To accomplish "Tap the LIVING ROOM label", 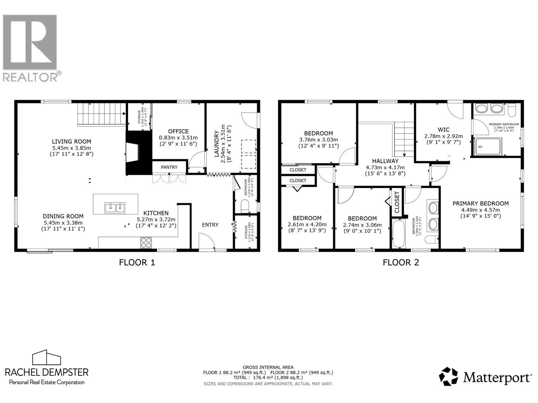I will [x=71, y=141].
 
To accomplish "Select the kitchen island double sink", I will [x=115, y=208].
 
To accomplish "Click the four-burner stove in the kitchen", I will [x=146, y=242].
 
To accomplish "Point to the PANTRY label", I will [x=169, y=167].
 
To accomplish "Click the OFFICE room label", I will [x=178, y=131].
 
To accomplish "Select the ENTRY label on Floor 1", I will [x=210, y=225].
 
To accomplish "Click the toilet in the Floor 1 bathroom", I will [x=245, y=206].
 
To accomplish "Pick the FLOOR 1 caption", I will [x=137, y=262].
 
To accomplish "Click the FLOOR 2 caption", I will [x=401, y=262].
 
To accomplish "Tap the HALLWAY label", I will [x=385, y=161].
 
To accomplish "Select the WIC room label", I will [x=444, y=130].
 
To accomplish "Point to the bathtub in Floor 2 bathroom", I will [x=399, y=234].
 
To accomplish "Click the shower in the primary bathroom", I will [x=487, y=146].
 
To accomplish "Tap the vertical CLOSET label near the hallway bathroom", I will [x=397, y=202].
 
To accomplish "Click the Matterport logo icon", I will [x=449, y=376].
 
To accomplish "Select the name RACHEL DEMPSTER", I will [x=46, y=372].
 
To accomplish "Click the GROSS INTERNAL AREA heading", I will [x=268, y=367].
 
